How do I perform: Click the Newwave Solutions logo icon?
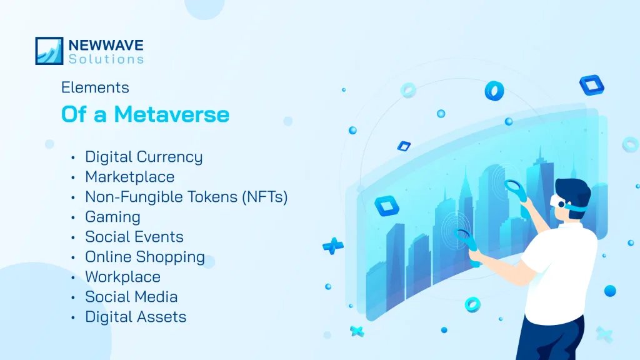(49, 51)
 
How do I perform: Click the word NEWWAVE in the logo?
(106, 46)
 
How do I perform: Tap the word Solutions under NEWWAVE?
(106, 59)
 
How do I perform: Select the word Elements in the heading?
(95, 88)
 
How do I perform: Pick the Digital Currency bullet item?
(144, 157)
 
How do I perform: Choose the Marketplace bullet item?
(129, 177)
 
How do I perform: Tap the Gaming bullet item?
(112, 217)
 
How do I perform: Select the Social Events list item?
(134, 237)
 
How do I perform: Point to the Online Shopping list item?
(145, 257)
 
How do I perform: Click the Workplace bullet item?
(122, 277)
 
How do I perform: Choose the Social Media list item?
(131, 297)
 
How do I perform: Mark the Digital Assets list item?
(136, 317)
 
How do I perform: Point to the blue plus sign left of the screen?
(332, 245)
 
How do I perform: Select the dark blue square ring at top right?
(591, 85)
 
